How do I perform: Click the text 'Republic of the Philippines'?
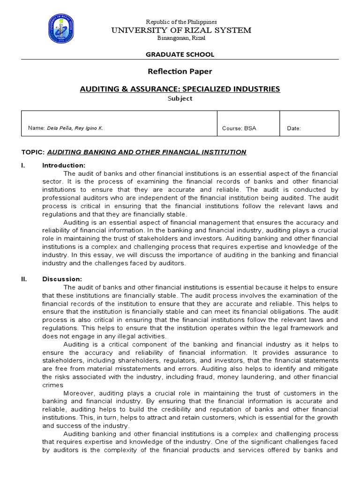(180, 22)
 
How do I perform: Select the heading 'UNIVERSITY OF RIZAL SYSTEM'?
(180, 30)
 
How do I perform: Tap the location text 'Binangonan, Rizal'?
(180, 38)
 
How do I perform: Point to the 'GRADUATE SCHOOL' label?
(180, 54)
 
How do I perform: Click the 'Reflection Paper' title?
(180, 71)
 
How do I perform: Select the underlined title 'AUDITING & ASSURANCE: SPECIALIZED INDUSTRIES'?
(180, 89)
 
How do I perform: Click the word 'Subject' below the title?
(180, 98)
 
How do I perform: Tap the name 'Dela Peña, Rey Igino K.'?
(75, 128)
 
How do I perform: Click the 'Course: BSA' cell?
(239, 128)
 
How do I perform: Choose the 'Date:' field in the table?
(294, 128)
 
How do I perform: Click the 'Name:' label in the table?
(36, 128)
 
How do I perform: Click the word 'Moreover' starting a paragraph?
(78, 393)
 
